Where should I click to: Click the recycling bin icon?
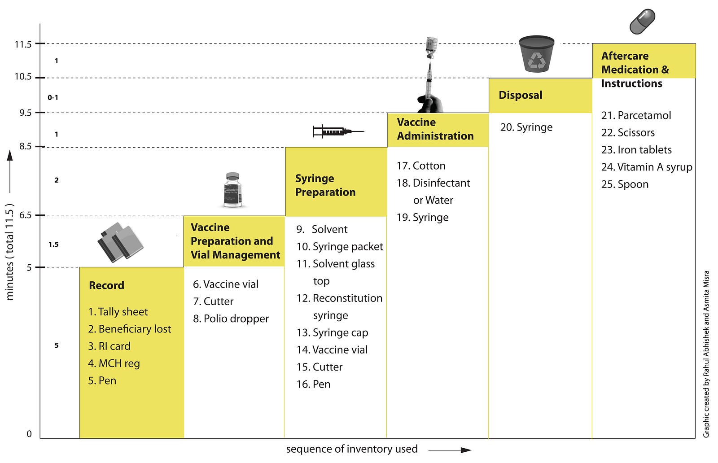click(537, 54)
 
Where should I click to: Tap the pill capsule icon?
click(642, 22)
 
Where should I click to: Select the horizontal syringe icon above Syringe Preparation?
click(338, 131)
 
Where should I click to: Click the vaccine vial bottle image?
click(232, 190)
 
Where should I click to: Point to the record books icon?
click(120, 242)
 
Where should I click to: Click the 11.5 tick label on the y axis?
click(23, 44)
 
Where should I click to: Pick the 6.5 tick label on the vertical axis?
click(25, 215)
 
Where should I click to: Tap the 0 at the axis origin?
click(29, 434)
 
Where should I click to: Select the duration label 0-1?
click(53, 97)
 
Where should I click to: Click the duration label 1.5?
click(53, 245)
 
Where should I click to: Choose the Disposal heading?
click(521, 95)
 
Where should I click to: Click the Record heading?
click(106, 285)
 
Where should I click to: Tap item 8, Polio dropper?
click(231, 319)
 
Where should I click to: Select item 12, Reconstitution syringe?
click(339, 306)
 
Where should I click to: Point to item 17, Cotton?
click(421, 166)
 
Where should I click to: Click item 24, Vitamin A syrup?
click(647, 167)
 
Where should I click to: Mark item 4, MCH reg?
click(114, 364)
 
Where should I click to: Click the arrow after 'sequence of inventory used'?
click(450, 450)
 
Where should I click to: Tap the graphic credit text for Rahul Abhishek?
click(706, 354)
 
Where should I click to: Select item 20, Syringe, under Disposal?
click(526, 127)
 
